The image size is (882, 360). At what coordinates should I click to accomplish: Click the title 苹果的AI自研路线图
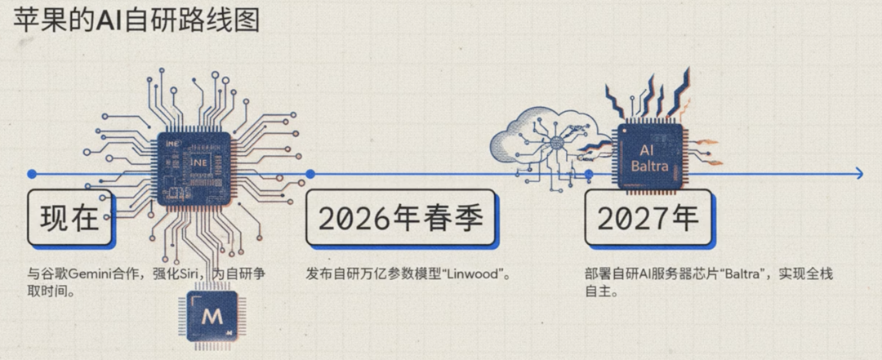click(135, 20)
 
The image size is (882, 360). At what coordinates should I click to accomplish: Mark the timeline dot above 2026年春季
click(310, 174)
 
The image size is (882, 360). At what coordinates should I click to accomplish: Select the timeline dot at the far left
click(31, 174)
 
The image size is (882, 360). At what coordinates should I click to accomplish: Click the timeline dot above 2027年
click(589, 174)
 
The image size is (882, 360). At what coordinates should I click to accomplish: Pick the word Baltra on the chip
click(650, 167)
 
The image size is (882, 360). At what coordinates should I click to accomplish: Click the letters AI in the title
click(109, 20)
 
